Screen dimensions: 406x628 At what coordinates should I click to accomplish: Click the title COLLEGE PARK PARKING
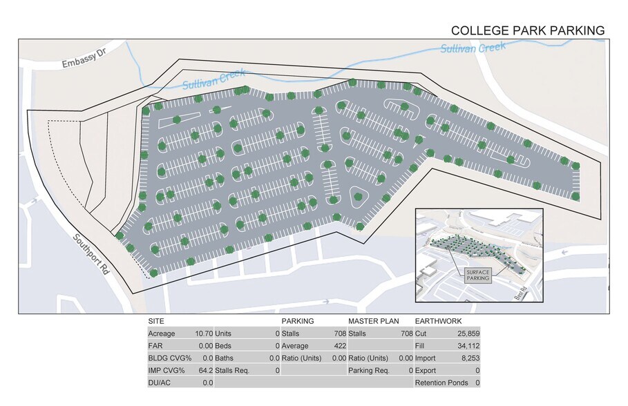(x=528, y=30)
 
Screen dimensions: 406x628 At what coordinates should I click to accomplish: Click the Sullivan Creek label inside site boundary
(x=215, y=81)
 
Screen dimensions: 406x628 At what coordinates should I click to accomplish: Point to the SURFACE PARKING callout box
(x=477, y=274)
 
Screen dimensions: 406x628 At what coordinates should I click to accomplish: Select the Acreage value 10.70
(x=203, y=333)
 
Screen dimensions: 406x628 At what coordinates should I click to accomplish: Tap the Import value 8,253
(x=470, y=358)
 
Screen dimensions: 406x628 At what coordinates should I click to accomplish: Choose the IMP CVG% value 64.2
(x=206, y=371)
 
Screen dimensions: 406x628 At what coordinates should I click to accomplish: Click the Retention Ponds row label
(x=441, y=383)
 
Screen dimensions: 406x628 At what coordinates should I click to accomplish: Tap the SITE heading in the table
(x=157, y=321)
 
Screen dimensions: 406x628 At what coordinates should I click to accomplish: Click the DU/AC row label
(x=160, y=383)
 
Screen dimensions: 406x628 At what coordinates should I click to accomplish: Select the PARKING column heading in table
(x=298, y=321)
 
